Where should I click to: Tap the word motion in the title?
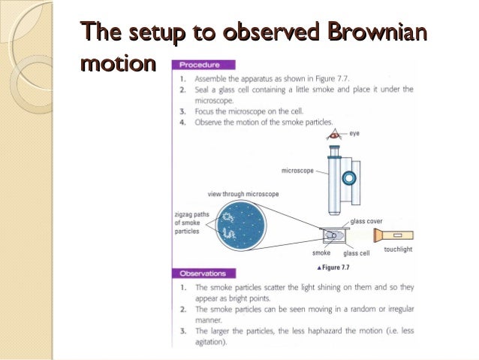pyautogui.click(x=116, y=63)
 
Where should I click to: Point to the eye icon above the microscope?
pyautogui.click(x=334, y=135)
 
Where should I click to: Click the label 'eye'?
pyautogui.click(x=354, y=133)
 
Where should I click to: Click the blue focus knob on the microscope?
pyautogui.click(x=349, y=179)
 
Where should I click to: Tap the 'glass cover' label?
pyautogui.click(x=366, y=221)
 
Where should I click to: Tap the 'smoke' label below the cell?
pyautogui.click(x=321, y=253)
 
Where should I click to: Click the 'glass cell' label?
pyautogui.click(x=356, y=253)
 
